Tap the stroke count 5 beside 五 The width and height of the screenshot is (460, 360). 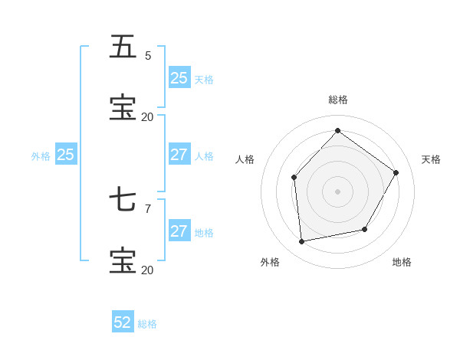pyautogui.click(x=148, y=55)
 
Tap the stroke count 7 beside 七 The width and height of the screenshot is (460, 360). pyautogui.click(x=148, y=208)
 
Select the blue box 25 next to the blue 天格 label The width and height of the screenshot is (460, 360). pyautogui.click(x=179, y=78)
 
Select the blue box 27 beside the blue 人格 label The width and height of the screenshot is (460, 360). pyautogui.click(x=179, y=155)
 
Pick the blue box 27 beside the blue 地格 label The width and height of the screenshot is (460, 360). pyautogui.click(x=179, y=231)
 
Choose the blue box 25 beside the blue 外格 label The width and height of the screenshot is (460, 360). pyautogui.click(x=65, y=155)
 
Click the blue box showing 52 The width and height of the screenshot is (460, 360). pyautogui.click(x=123, y=322)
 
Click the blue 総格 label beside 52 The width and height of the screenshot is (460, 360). pyautogui.click(x=147, y=324)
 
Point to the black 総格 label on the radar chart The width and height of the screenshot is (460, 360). pyautogui.click(x=338, y=100)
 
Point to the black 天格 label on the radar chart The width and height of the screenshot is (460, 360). pyautogui.click(x=431, y=159)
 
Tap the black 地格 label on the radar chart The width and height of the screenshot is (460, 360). pyautogui.click(x=402, y=262)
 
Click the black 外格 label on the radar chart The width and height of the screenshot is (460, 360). pyautogui.click(x=270, y=262)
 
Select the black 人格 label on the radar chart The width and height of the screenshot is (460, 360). pyautogui.click(x=245, y=159)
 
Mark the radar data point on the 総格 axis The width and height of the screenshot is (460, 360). pyautogui.click(x=337, y=130)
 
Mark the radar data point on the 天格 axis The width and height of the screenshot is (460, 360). pyautogui.click(x=396, y=172)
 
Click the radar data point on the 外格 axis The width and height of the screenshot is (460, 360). pyautogui.click(x=302, y=241)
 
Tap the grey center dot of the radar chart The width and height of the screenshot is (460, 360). pyautogui.click(x=337, y=191)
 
